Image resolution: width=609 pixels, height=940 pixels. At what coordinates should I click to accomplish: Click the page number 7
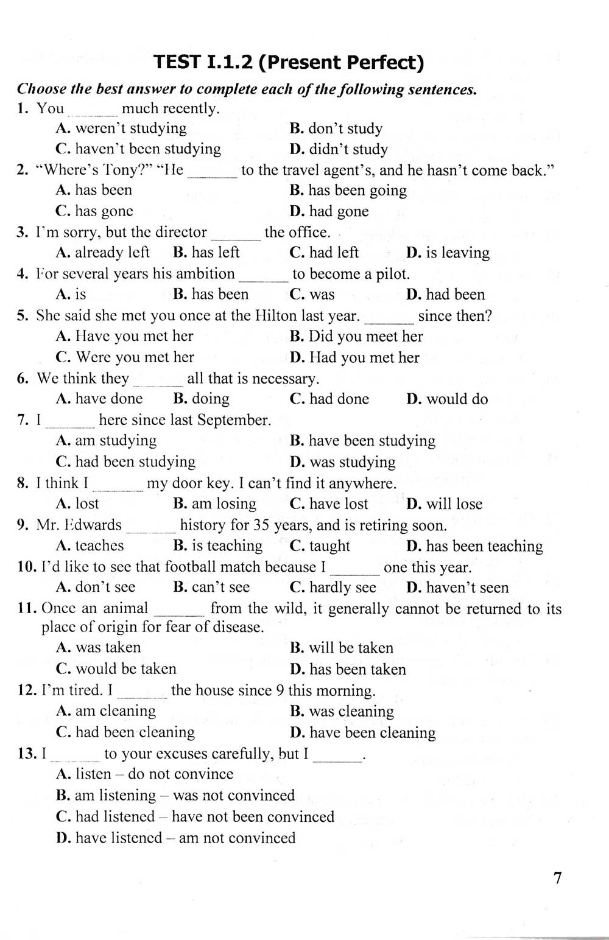tap(557, 878)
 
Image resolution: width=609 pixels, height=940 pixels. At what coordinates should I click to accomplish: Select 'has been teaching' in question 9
tap(474, 546)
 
